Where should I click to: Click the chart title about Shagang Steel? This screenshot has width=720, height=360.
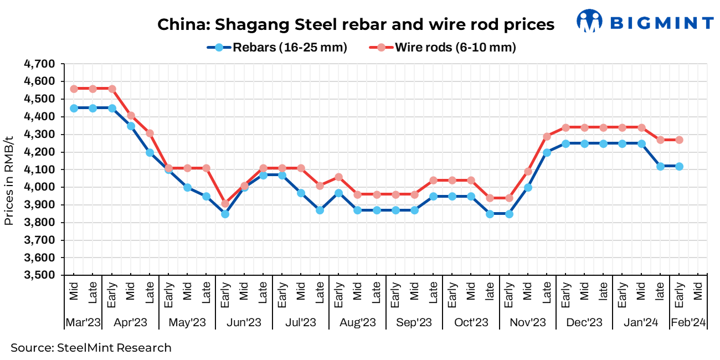[x=356, y=25]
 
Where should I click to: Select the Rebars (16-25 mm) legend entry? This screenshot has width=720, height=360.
[x=277, y=48]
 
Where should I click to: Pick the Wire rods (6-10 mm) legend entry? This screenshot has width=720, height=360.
[x=443, y=48]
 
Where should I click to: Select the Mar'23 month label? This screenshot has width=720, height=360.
[x=83, y=322]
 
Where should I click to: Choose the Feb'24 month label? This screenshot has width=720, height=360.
[x=688, y=322]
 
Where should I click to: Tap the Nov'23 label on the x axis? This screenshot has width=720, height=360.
[x=527, y=322]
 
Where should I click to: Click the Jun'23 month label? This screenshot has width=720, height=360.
[x=244, y=322]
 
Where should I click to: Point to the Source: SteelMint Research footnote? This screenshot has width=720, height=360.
[x=91, y=348]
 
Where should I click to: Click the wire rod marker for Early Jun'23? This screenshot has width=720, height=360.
[x=225, y=203]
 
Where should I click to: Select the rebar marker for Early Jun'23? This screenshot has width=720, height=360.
[x=225, y=214]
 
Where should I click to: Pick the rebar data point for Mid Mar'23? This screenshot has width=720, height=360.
[x=74, y=108]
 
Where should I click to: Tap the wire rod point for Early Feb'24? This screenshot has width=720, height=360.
[x=679, y=140]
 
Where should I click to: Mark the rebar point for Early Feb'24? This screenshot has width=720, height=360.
[x=679, y=166]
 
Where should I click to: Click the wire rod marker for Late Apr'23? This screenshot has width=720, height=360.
[x=150, y=133]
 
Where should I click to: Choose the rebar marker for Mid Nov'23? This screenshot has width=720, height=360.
[x=528, y=187]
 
